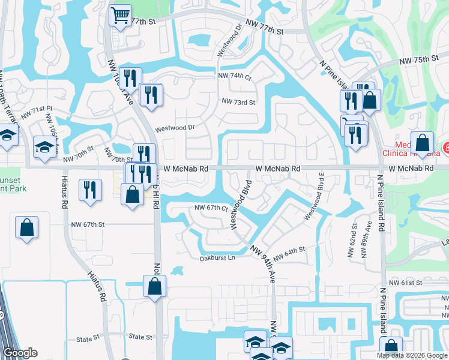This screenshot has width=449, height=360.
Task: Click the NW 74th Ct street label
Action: (234, 76)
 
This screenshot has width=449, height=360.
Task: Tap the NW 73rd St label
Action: (238, 103)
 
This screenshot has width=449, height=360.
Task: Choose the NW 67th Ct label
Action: (211, 208)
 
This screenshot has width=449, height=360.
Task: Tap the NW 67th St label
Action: (88, 224)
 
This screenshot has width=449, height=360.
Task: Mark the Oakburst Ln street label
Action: (217, 258)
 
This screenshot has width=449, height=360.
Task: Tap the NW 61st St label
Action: (406, 283)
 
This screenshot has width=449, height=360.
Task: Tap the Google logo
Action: (20, 353)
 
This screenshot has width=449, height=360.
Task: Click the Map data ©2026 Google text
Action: (411, 355)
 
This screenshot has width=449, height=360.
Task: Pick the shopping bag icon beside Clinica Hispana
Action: (423, 143)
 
